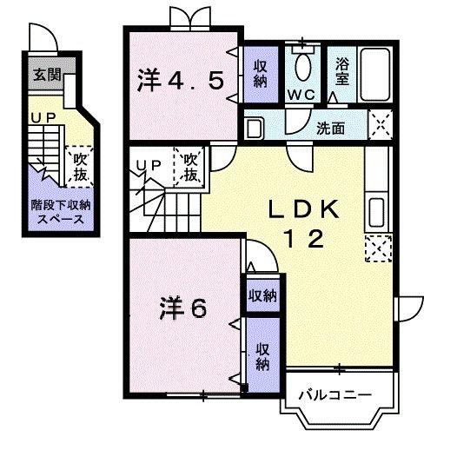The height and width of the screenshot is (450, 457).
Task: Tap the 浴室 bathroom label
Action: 341,69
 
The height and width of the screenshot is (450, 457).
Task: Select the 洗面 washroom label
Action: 330,129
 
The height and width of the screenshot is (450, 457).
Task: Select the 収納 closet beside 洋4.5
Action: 261,74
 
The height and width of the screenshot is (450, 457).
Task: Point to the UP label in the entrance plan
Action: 41,118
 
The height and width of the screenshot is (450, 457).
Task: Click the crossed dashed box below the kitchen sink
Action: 376,249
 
